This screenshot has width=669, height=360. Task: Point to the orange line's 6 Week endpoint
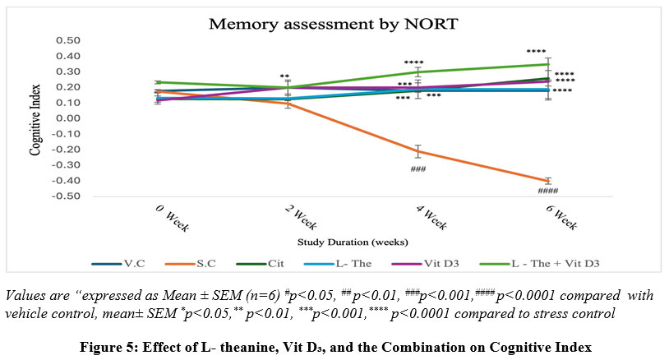pyautogui.click(x=548, y=181)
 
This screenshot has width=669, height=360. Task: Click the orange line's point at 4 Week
pyautogui.click(x=418, y=151)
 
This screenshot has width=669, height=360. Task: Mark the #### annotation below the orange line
pyautogui.click(x=547, y=192)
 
